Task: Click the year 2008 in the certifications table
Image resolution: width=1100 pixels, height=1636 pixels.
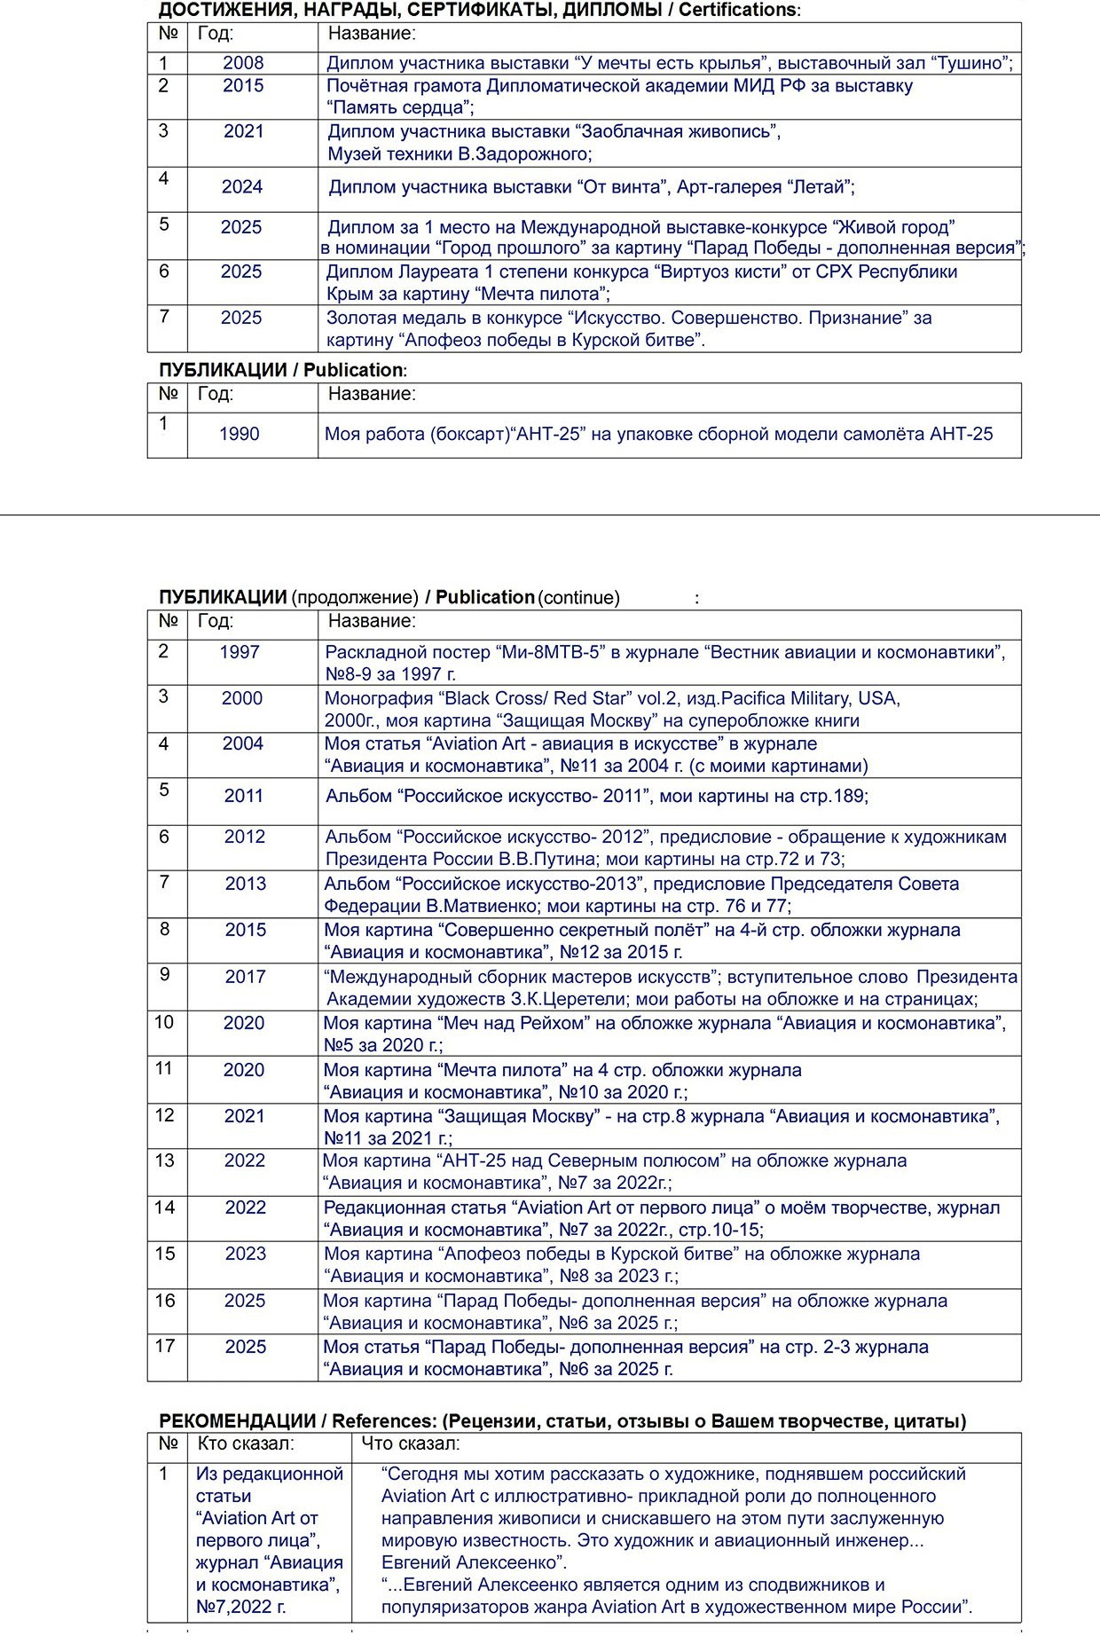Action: pyautogui.click(x=243, y=63)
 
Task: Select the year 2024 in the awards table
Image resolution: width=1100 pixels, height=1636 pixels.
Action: pyautogui.click(x=242, y=187)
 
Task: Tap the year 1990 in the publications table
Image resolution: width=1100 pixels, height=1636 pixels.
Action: pyautogui.click(x=240, y=434)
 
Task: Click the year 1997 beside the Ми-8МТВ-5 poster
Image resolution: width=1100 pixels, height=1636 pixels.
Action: pyautogui.click(x=240, y=652)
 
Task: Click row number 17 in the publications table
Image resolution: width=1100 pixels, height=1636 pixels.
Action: pyautogui.click(x=165, y=1346)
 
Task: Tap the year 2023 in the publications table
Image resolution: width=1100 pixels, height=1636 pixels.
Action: pyautogui.click(x=246, y=1254)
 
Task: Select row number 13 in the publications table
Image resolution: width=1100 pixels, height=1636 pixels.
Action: pyautogui.click(x=165, y=1160)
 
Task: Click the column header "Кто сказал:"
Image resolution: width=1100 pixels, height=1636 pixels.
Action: pyautogui.click(x=246, y=1443)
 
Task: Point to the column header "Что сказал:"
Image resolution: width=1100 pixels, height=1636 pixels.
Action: pyautogui.click(x=411, y=1443)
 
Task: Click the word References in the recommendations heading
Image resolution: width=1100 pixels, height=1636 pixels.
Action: pyautogui.click(x=383, y=1420)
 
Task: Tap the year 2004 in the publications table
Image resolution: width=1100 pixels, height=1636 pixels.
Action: pyautogui.click(x=243, y=743)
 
